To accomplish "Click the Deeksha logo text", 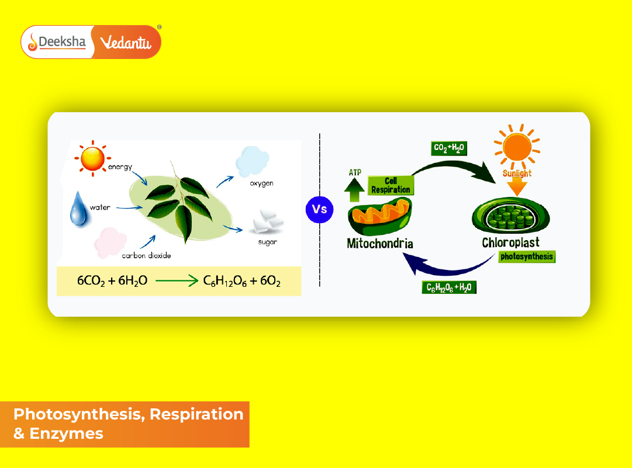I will [x=62, y=42].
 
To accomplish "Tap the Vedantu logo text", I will [x=126, y=42].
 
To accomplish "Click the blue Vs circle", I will [x=319, y=209].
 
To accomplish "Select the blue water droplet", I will [x=78, y=209].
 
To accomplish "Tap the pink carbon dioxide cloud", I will [x=110, y=241].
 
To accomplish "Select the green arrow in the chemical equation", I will [x=177, y=281].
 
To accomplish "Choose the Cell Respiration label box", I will [x=391, y=185].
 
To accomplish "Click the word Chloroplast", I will [x=510, y=242].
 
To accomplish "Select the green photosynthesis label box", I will [x=526, y=256].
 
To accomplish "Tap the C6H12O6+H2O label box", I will [x=448, y=287].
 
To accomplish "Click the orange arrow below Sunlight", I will [x=517, y=187].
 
